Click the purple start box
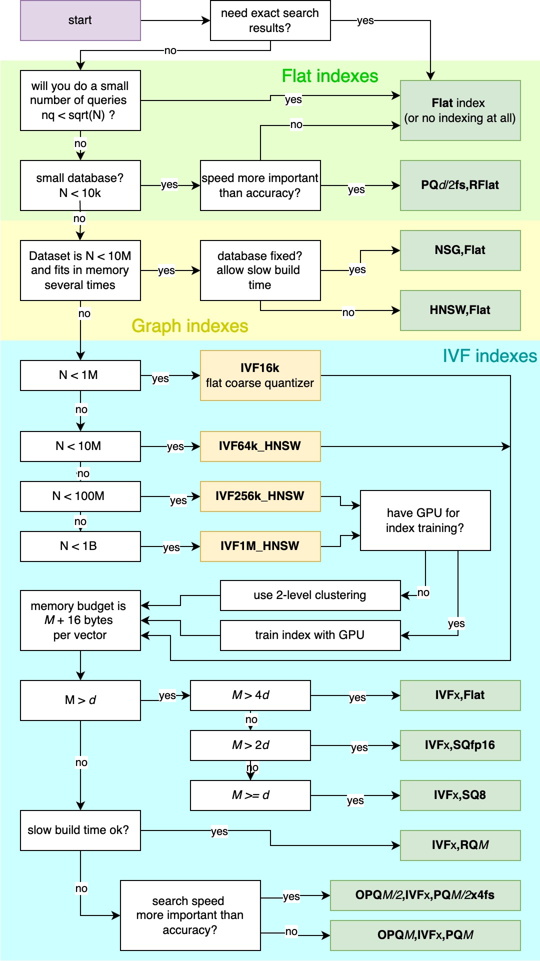click(x=80, y=20)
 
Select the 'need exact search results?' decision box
click(x=270, y=20)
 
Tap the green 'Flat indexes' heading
click(x=330, y=76)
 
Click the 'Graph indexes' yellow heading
click(x=189, y=326)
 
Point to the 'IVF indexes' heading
click(x=489, y=356)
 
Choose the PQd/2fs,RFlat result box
click(x=460, y=185)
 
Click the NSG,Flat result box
click(x=460, y=250)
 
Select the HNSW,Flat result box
click(x=460, y=310)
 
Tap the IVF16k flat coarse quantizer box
click(x=260, y=375)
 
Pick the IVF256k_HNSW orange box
click(x=260, y=496)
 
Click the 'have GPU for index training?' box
click(x=425, y=520)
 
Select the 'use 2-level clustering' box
click(x=310, y=595)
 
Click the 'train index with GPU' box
click(x=310, y=635)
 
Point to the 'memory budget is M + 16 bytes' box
click(x=80, y=620)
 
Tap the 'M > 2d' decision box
click(x=250, y=745)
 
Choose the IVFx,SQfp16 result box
click(x=460, y=745)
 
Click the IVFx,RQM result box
click(x=460, y=845)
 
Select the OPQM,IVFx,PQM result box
click(x=425, y=935)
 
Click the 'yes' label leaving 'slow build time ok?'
click(x=219, y=831)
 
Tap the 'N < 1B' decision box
click(x=80, y=546)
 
